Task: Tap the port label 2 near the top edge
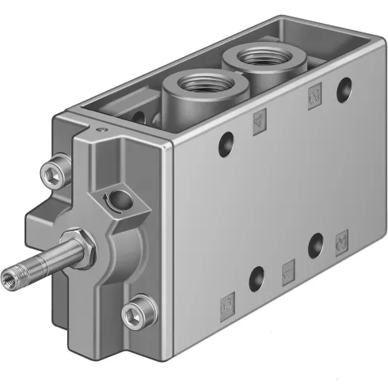pos(312,96)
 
